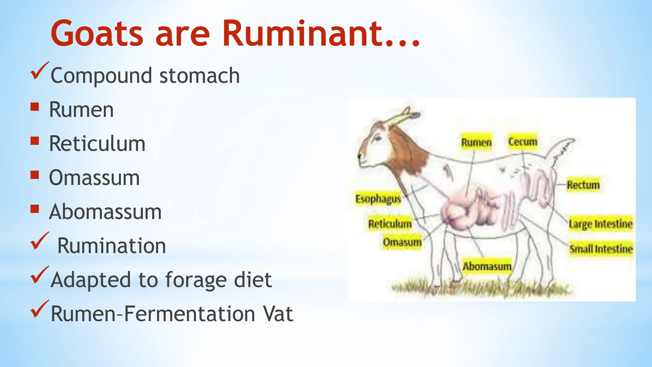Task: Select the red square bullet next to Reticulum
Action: [x=35, y=140]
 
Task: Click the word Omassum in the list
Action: [x=94, y=178]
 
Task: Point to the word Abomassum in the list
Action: [x=105, y=212]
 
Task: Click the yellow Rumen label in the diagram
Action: [x=476, y=142]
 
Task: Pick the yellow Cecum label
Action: [x=522, y=141]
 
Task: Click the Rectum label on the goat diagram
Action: [x=583, y=185]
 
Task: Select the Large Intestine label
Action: [x=600, y=224]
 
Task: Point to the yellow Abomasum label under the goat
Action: [x=487, y=266]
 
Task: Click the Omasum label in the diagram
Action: [x=402, y=242]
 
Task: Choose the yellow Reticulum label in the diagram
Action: [x=390, y=224]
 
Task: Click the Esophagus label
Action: [x=378, y=199]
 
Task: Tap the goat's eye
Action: [x=378, y=138]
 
